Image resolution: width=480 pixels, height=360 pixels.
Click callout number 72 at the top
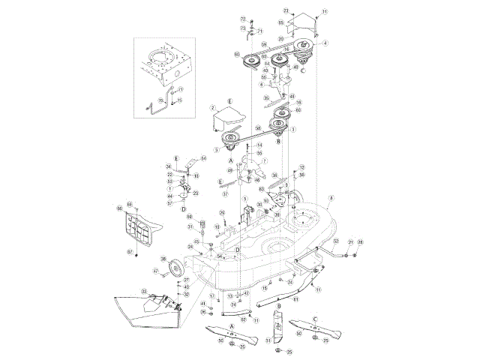click(x=243, y=18)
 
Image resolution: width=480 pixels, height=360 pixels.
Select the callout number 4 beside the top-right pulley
click(x=325, y=43)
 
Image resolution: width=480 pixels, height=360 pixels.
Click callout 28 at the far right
click(x=360, y=242)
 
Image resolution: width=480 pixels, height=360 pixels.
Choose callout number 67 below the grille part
click(x=128, y=252)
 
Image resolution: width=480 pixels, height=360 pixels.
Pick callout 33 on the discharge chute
click(x=144, y=291)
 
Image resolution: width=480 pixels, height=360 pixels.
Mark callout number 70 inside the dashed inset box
click(x=160, y=100)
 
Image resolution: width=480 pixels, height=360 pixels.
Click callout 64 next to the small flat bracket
click(x=203, y=158)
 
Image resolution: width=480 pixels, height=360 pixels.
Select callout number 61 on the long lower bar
click(x=296, y=299)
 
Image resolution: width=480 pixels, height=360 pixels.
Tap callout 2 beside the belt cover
click(x=213, y=108)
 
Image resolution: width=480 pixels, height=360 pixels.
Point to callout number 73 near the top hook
click(x=243, y=28)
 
